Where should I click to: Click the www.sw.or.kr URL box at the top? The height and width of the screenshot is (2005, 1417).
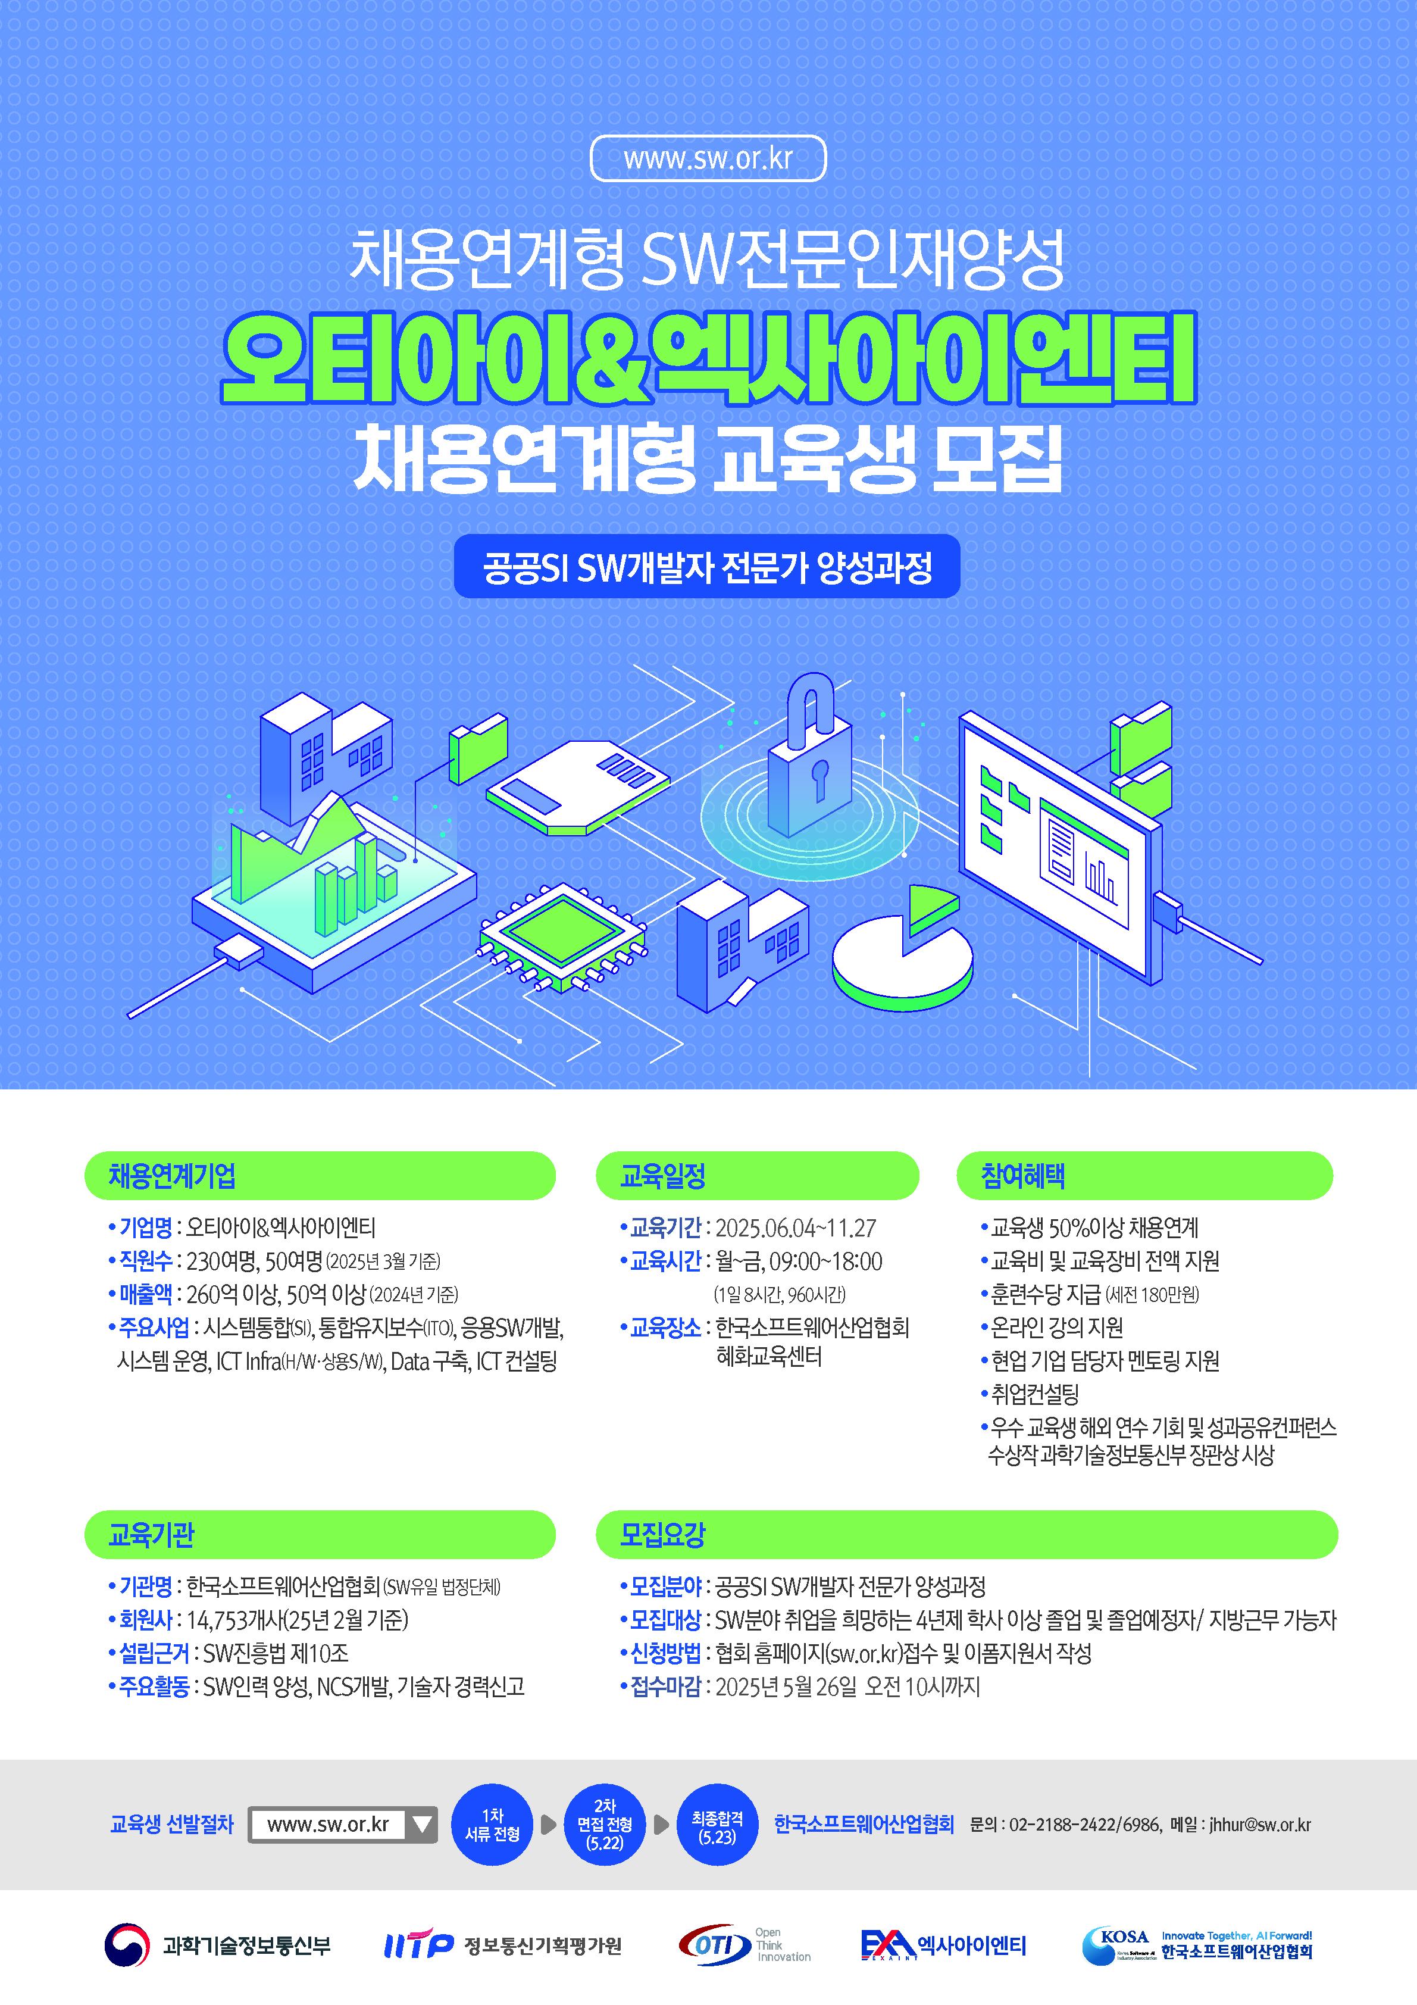708,159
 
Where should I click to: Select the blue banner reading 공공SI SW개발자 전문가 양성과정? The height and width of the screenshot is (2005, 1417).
707,567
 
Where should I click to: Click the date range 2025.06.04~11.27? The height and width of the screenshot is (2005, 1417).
795,1228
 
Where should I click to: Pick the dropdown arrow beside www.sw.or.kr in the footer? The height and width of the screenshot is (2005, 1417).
422,1824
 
